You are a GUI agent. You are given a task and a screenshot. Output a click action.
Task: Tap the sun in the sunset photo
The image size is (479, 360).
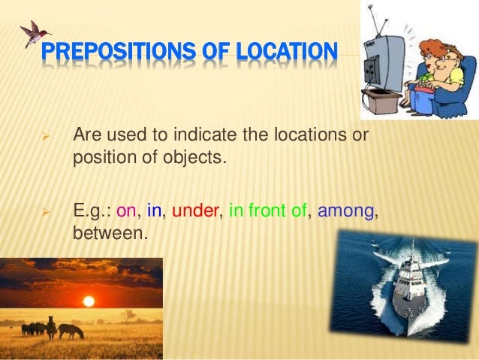[89, 301]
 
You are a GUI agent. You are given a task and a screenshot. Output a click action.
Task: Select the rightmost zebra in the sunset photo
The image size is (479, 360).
[71, 330]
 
